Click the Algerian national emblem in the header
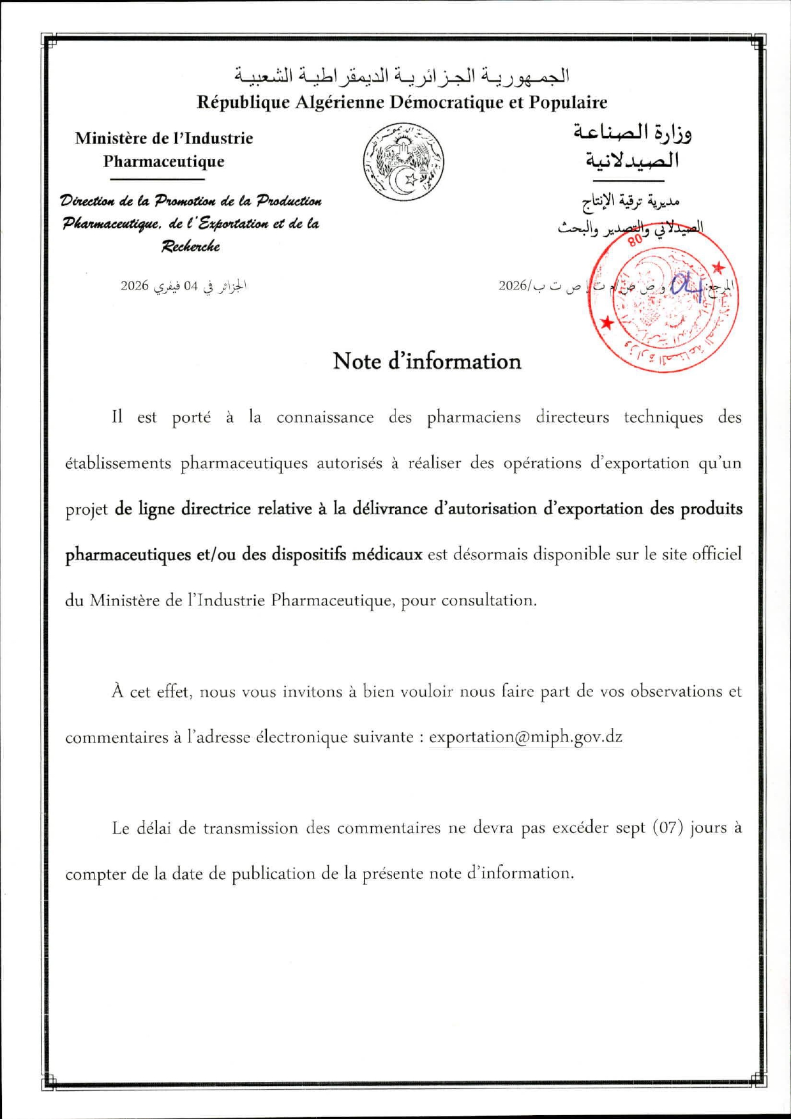pyautogui.click(x=403, y=162)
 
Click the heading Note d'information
pyautogui.click(x=426, y=361)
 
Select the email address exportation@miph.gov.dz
pyautogui.click(x=525, y=737)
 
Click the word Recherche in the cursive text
pyautogui.click(x=190, y=246)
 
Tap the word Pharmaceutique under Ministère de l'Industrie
pyautogui.click(x=164, y=161)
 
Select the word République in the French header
pyautogui.click(x=243, y=102)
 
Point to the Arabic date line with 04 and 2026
pyautogui.click(x=184, y=286)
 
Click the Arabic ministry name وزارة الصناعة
pyautogui.click(x=633, y=133)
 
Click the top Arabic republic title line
pyautogui.click(x=401, y=76)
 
